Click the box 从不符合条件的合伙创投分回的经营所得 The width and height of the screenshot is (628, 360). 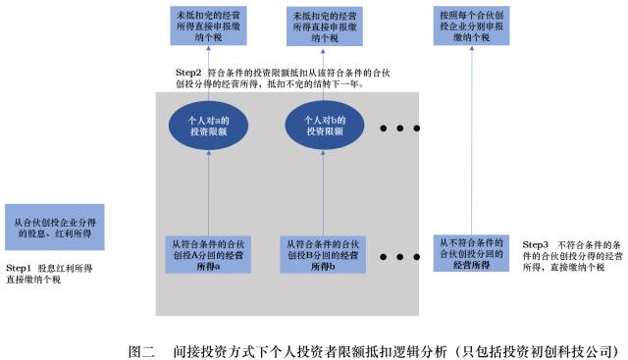(471, 253)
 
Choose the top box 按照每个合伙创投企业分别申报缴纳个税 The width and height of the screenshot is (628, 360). (471, 28)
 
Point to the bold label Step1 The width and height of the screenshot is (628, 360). (20, 268)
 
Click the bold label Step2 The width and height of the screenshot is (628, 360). (188, 74)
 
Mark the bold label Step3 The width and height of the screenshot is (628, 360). (536, 243)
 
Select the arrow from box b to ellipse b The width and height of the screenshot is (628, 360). (320, 191)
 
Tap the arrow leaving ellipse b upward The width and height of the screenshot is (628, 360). (320, 77)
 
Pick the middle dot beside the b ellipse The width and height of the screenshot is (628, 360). (401, 128)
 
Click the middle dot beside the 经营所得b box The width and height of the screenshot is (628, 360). (401, 257)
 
